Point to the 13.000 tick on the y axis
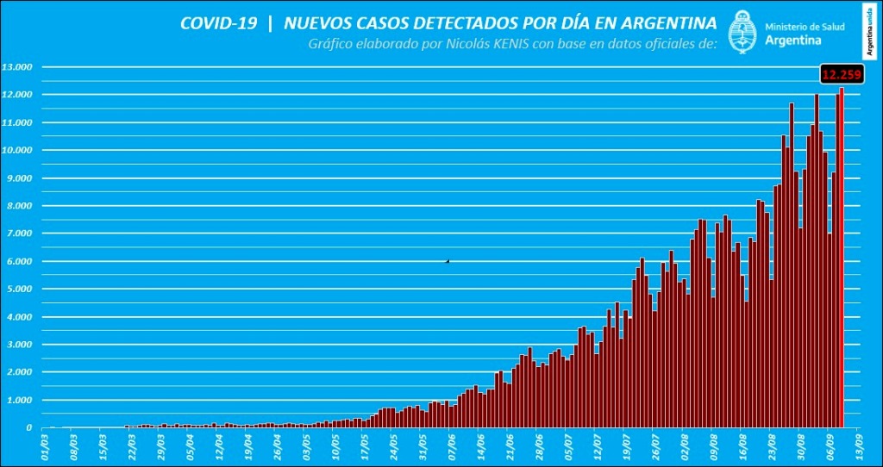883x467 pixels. (x=17, y=67)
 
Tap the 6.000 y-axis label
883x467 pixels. (x=19, y=261)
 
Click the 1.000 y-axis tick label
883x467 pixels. (x=19, y=400)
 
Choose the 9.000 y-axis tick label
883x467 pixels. (x=19, y=178)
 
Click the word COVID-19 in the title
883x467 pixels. (x=218, y=23)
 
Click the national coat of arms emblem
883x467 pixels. (x=743, y=33)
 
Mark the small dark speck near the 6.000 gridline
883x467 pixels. (x=447, y=260)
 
